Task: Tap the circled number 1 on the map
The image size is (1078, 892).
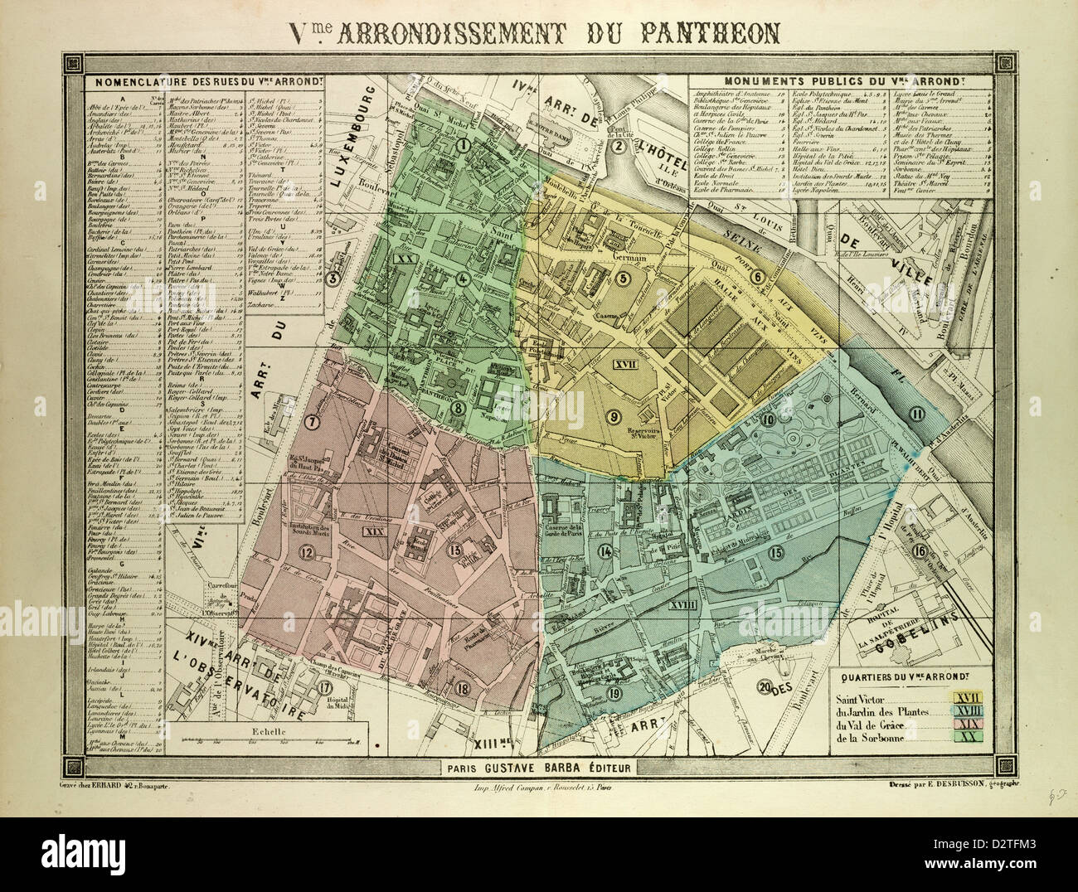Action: pos(464,146)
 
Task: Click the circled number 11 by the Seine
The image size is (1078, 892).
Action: pos(915,415)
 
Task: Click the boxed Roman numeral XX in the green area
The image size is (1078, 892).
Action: pos(405,259)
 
